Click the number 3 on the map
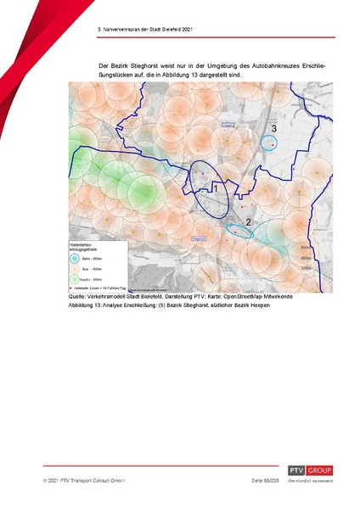tap(273, 128)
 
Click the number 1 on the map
tap(216, 187)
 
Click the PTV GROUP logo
tap(310, 470)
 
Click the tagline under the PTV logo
tap(310, 480)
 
